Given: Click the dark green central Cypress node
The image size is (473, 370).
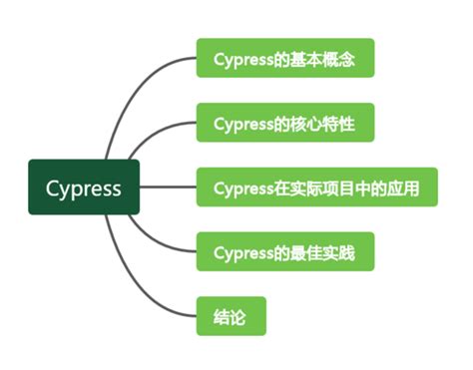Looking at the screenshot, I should click(x=84, y=186).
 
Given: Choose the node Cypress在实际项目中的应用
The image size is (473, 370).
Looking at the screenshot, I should click(x=315, y=186).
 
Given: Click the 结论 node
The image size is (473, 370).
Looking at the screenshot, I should click(x=230, y=315).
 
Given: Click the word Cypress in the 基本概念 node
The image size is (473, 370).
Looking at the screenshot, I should click(x=243, y=59).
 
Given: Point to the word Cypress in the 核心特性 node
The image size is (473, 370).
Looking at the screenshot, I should click(x=243, y=123).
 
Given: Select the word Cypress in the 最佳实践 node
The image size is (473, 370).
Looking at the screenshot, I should click(x=243, y=250).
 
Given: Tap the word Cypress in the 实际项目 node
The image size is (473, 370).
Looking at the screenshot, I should click(x=243, y=186).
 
